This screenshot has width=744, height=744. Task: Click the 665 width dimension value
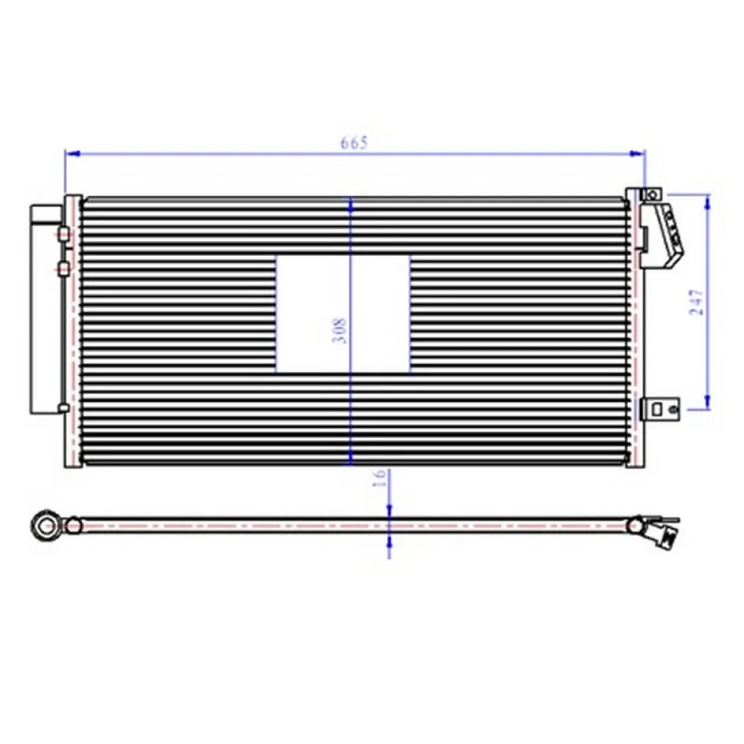tap(354, 142)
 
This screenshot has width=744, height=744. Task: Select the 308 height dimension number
tap(341, 330)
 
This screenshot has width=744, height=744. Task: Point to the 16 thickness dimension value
tap(380, 478)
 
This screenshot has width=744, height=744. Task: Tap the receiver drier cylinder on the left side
tap(44, 309)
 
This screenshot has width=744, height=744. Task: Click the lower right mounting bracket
tap(661, 407)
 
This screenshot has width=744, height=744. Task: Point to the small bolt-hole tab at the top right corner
tap(652, 194)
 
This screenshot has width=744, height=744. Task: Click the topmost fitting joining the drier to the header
tap(64, 234)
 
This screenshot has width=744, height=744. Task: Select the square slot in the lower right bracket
tap(657, 408)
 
